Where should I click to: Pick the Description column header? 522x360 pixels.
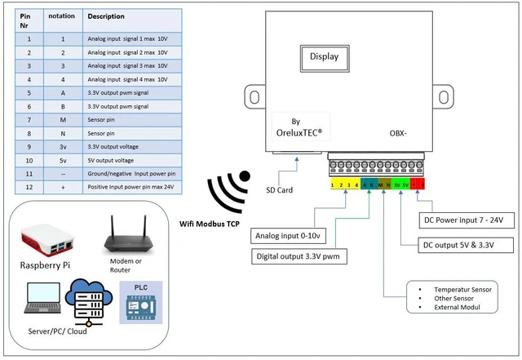(106, 16)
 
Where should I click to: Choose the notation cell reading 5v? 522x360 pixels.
(62, 160)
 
